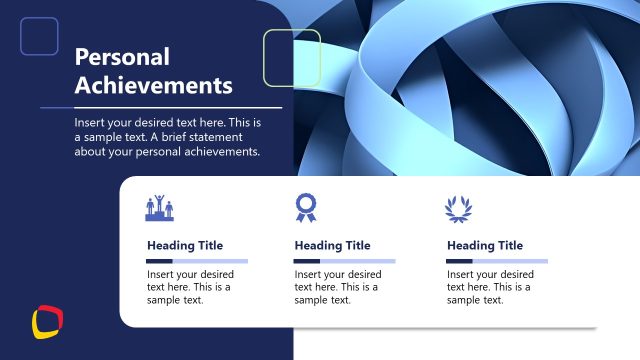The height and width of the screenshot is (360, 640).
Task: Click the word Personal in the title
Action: tap(123, 57)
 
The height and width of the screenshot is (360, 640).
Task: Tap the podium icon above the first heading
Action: tap(160, 208)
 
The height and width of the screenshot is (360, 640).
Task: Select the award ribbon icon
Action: tap(305, 207)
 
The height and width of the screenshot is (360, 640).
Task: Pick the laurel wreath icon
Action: tap(457, 207)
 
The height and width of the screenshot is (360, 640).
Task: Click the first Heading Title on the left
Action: tap(185, 245)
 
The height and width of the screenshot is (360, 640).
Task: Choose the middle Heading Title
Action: tap(332, 245)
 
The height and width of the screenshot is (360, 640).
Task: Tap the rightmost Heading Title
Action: tap(485, 245)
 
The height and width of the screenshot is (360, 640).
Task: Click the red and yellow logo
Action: tap(47, 322)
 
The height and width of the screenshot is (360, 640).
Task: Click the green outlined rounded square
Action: tap(291, 58)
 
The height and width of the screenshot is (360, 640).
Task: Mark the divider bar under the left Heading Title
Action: tap(197, 261)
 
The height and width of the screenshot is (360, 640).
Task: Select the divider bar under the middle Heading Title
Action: tap(344, 261)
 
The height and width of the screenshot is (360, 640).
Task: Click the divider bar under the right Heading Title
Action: tap(497, 261)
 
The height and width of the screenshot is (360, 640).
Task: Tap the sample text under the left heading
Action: tap(190, 287)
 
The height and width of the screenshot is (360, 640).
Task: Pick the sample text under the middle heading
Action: tap(338, 287)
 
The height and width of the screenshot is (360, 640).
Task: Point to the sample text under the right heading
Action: tap(490, 287)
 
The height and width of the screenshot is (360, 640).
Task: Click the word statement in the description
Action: tap(215, 137)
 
